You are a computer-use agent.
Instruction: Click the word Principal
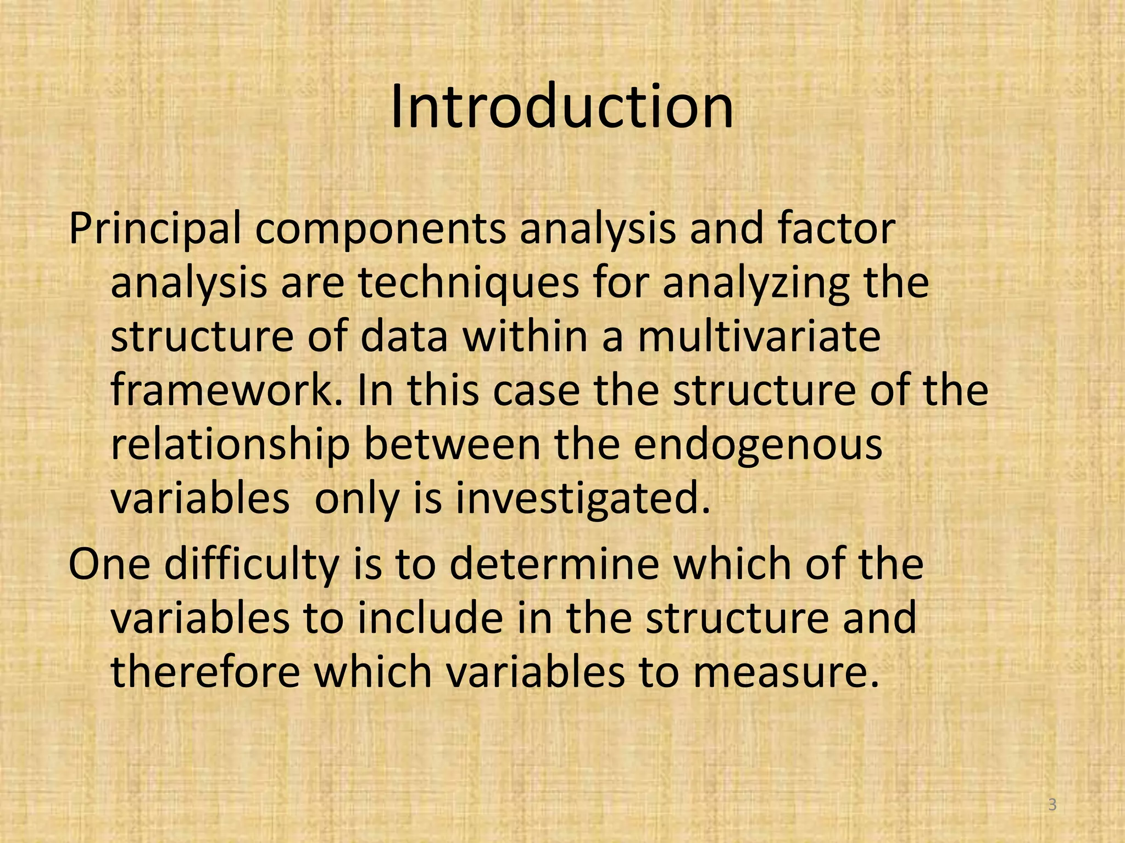point(154,229)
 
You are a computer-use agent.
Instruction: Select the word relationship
point(230,445)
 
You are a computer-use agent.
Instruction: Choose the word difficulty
point(250,565)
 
